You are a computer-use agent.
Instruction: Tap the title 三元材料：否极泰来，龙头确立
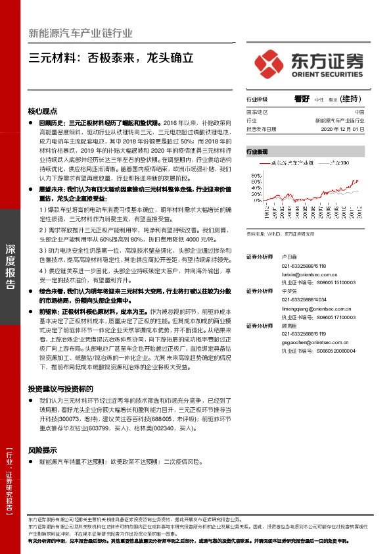(112, 57)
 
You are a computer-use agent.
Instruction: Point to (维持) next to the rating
(352, 99)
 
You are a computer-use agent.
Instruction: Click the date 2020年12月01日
(343, 130)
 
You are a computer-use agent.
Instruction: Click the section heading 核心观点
(43, 111)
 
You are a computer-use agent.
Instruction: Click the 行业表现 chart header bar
(305, 151)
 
